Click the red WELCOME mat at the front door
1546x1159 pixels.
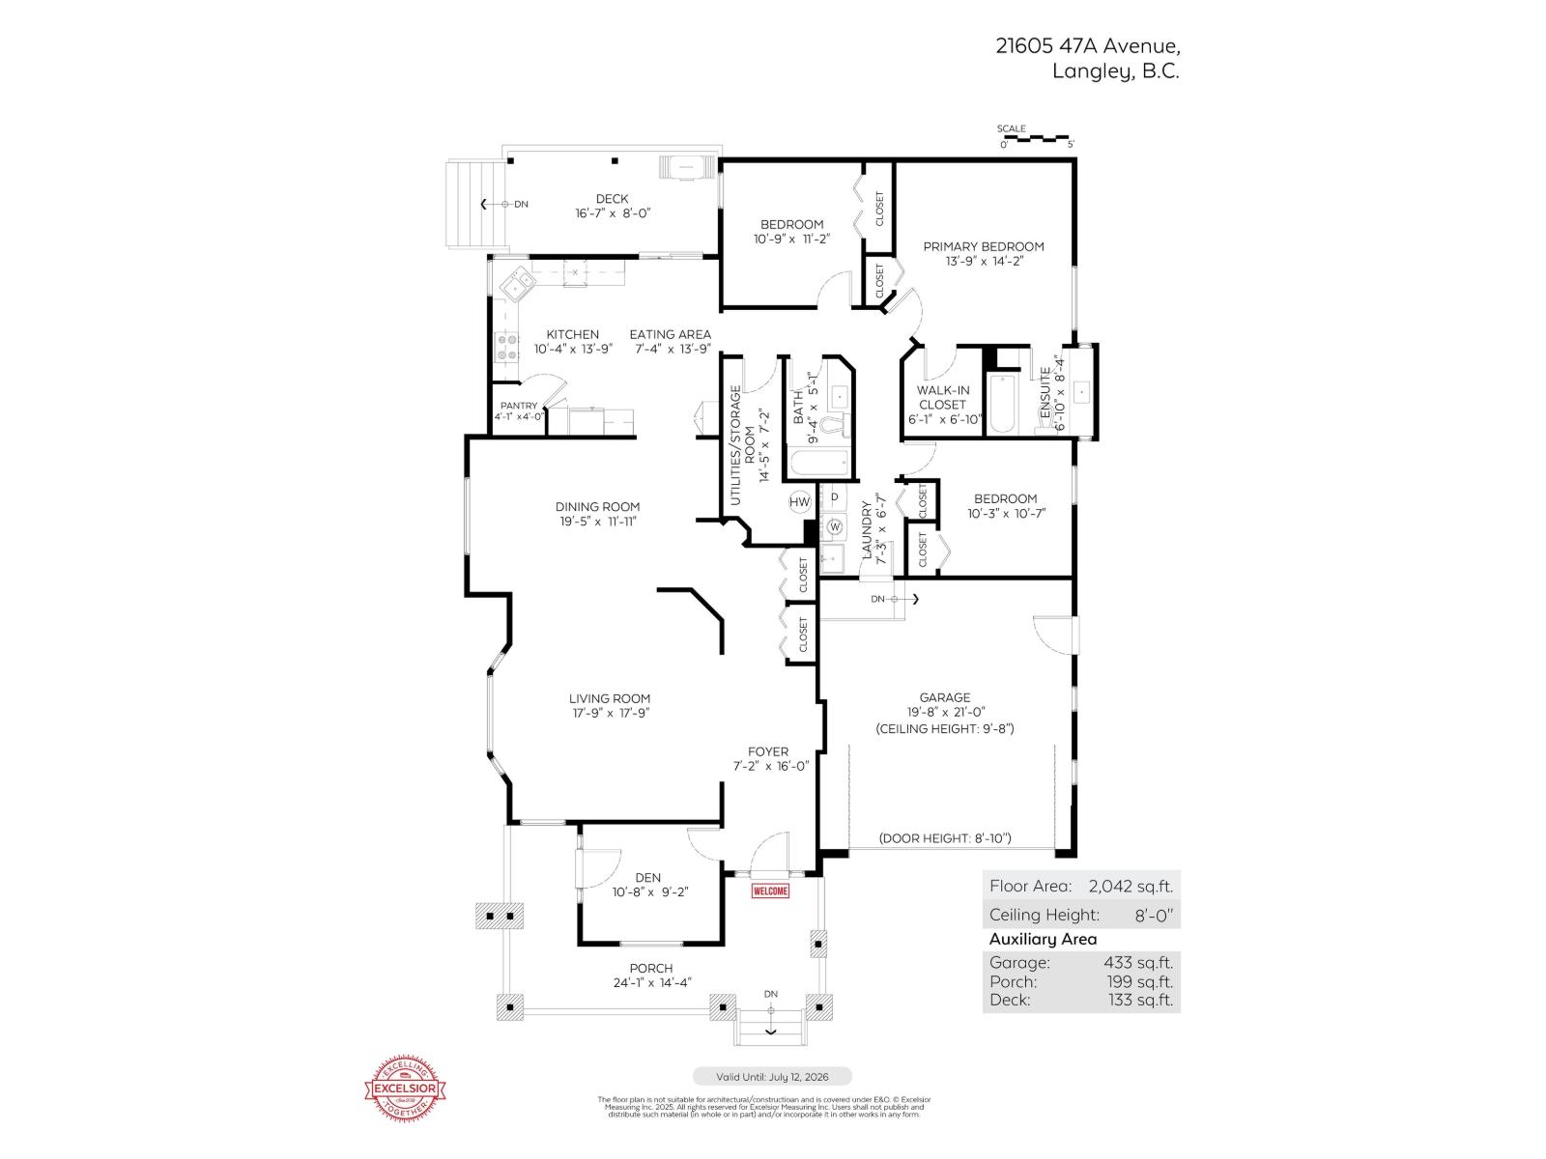(x=770, y=890)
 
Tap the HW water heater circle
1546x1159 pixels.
(x=800, y=502)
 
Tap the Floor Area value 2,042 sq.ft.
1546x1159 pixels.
(x=1130, y=886)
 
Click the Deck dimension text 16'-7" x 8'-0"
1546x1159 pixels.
(x=613, y=212)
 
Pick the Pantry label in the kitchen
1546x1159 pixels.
(x=518, y=406)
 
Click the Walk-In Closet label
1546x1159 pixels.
(x=943, y=397)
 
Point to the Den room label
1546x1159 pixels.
(x=647, y=878)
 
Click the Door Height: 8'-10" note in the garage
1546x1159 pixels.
(x=945, y=838)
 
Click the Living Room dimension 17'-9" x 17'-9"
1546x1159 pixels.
(x=609, y=713)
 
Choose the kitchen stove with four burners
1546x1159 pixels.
(x=505, y=347)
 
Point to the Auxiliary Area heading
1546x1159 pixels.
(x=1043, y=939)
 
